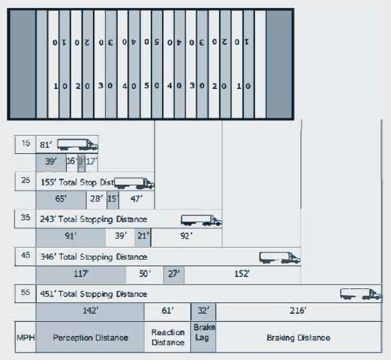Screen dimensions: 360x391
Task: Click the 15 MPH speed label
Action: [x=25, y=144]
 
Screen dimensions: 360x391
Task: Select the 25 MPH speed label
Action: [x=25, y=181]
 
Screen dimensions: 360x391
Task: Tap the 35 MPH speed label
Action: [x=25, y=218]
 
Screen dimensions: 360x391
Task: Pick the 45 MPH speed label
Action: [x=25, y=256]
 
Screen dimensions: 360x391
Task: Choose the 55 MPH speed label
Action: [x=25, y=293]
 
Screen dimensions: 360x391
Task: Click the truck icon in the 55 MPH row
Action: [x=361, y=294]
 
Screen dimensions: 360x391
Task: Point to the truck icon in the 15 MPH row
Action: [x=78, y=145]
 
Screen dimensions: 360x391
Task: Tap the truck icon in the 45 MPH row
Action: [x=280, y=257]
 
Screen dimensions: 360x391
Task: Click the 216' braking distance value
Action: [x=298, y=311]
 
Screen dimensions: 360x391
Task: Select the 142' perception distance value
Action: [x=89, y=311]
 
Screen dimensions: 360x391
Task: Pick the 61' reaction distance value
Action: [x=167, y=311]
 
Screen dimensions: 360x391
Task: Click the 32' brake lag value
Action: [x=204, y=311]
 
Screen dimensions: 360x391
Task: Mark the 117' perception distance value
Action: [x=80, y=274]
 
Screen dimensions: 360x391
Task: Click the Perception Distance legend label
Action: [x=90, y=338]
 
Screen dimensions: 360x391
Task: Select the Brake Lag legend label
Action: [x=204, y=333]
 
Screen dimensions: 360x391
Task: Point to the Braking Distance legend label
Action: [x=298, y=338]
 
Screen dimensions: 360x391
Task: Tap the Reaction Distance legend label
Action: [x=167, y=338]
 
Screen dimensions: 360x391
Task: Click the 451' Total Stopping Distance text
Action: [x=94, y=294]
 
